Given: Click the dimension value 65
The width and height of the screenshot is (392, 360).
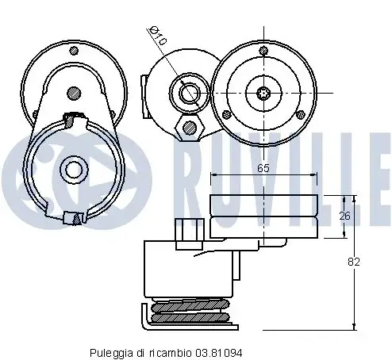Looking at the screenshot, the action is (263, 168).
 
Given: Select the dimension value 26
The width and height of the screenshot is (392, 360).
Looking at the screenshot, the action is (344, 216).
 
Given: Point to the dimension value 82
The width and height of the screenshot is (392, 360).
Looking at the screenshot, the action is (354, 262).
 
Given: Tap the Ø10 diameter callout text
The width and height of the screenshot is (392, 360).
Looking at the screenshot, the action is (158, 36).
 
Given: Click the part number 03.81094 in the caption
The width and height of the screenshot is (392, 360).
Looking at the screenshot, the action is (219, 353).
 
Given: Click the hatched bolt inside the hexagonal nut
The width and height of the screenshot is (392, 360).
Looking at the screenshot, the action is (190, 128).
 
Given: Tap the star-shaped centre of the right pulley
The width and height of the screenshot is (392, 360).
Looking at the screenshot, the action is (263, 94).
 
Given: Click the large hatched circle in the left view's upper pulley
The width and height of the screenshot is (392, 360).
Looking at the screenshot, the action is (74, 94).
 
